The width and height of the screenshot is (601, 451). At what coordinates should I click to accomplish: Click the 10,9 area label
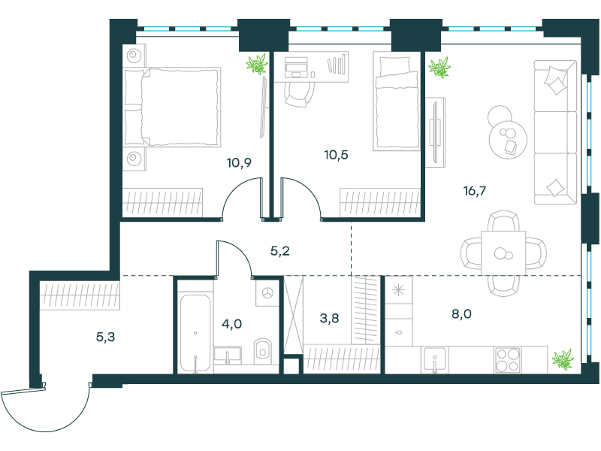click(239, 162)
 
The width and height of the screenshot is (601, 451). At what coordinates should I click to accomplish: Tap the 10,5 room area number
click(336, 155)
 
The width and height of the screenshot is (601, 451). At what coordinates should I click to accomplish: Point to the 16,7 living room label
click(475, 191)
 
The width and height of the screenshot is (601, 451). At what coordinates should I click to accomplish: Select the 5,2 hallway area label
click(279, 251)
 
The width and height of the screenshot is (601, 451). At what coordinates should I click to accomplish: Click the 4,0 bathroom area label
click(232, 324)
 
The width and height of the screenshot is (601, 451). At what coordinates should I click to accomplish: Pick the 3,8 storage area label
click(329, 318)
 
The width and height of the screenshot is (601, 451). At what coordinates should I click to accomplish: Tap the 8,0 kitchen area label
click(461, 313)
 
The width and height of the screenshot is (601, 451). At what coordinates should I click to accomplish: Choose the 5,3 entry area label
click(105, 337)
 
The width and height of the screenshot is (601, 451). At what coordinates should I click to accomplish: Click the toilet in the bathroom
click(262, 351)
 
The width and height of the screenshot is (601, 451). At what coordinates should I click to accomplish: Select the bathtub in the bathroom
click(195, 333)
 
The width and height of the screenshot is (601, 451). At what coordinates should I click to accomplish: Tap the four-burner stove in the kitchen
click(508, 360)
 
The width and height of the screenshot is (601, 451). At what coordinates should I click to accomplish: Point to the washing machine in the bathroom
click(267, 293)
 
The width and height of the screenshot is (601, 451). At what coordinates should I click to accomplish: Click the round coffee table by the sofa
click(507, 138)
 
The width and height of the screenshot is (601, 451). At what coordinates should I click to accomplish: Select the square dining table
click(503, 253)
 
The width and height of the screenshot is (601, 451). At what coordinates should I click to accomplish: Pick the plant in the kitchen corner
click(563, 359)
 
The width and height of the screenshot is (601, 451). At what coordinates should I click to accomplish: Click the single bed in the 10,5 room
click(397, 101)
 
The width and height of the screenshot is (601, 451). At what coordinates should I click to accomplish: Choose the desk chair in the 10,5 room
click(299, 93)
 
